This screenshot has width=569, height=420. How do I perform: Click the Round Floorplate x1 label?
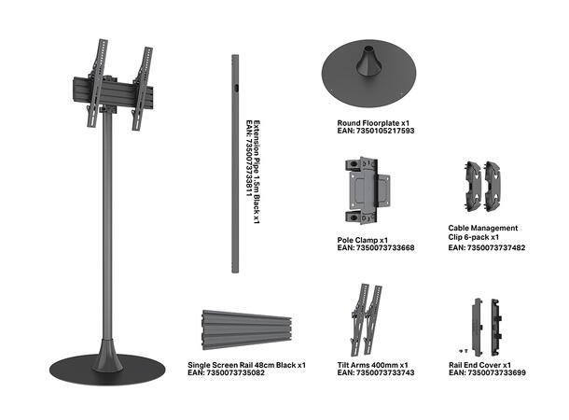[373, 123]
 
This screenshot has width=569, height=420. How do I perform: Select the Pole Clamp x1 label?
[363, 240]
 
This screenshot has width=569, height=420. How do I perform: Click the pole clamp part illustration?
[367, 190]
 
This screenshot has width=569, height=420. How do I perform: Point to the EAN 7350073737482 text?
[487, 247]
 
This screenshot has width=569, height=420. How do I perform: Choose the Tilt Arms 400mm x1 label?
[372, 365]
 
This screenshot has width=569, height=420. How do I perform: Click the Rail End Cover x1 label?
[479, 365]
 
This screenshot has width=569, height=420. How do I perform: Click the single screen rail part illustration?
[247, 330]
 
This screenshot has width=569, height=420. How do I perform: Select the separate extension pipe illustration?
[235, 163]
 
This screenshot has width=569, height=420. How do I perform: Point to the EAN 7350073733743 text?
[376, 372]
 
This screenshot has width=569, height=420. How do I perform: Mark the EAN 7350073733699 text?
[487, 372]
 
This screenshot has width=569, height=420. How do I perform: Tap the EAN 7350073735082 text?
[226, 372]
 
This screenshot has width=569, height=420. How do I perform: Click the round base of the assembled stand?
[107, 370]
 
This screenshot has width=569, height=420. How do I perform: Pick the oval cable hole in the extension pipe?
[236, 89]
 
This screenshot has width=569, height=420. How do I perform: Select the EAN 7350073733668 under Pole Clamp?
[376, 248]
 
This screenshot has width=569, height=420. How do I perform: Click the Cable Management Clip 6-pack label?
[482, 232]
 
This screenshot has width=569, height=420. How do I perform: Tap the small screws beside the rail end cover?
[464, 351]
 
